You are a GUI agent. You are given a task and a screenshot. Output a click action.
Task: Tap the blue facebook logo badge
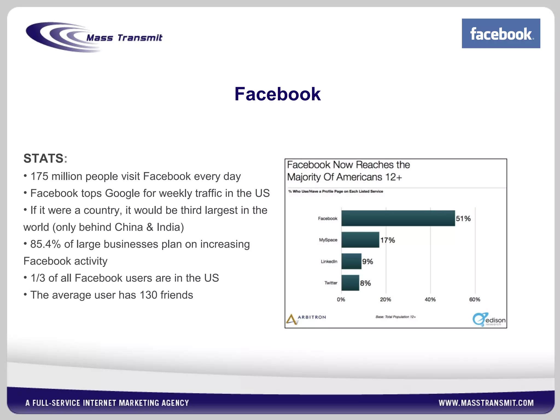501,33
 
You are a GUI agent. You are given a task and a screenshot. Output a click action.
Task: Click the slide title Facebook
277,94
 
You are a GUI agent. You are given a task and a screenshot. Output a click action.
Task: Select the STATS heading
44,158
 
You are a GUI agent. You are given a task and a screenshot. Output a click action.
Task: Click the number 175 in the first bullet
39,176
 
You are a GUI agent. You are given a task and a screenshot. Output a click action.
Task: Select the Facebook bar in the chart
398,218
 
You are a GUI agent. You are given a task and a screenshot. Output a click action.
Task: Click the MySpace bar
360,240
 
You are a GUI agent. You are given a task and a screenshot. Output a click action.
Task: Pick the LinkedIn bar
351,261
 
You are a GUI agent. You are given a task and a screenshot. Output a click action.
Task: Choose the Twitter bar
350,283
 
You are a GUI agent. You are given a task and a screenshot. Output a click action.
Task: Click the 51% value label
463,218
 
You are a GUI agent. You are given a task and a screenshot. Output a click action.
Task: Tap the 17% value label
387,240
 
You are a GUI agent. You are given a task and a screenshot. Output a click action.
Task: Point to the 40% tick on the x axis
430,299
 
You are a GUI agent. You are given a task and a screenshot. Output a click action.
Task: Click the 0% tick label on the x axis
341,299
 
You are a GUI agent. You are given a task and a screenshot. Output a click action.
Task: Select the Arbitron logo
306,318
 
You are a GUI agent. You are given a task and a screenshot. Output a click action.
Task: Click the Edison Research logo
489,319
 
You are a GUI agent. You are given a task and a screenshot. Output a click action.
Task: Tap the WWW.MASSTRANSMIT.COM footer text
486,403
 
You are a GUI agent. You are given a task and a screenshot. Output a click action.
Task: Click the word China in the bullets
129,227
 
